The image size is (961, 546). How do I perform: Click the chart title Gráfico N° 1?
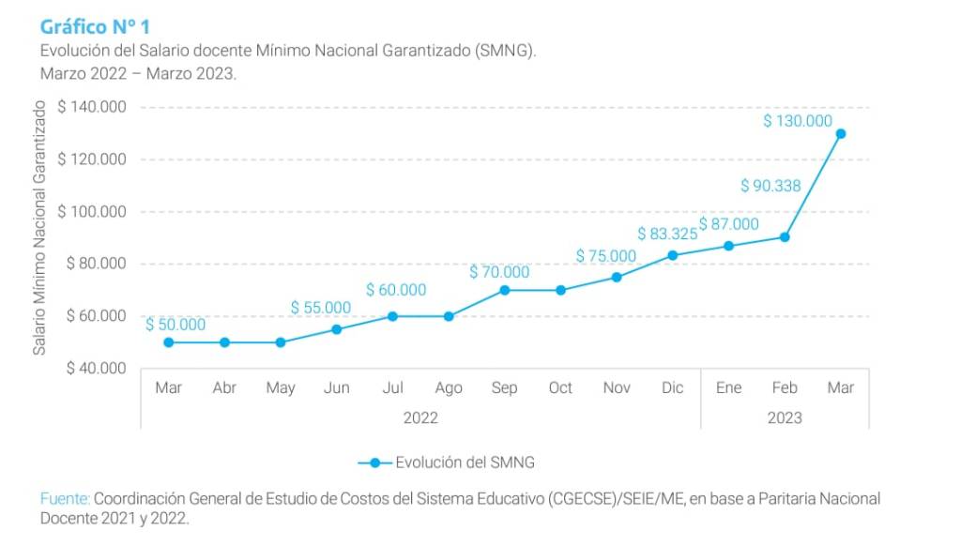coord(95,26)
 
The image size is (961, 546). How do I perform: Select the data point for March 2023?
coord(841,133)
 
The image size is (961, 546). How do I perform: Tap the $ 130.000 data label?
coord(798,121)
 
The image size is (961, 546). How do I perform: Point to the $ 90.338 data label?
coord(770,186)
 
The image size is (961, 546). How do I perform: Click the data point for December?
coord(673,255)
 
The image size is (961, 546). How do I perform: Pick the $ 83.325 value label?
coord(667,234)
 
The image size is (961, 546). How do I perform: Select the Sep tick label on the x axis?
coord(504,387)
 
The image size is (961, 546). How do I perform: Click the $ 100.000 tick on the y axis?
coord(92,212)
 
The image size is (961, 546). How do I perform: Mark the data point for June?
coord(336,329)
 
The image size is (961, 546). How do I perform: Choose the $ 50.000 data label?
coord(175,325)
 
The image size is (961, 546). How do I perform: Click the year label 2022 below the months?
coord(420,417)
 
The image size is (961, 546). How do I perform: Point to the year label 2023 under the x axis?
coord(785,417)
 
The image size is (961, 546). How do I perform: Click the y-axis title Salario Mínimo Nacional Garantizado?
coord(40,231)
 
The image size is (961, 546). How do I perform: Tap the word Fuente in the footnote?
coord(64,499)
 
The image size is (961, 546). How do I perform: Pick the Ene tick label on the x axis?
coord(728,387)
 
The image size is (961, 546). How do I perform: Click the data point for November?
coord(617,277)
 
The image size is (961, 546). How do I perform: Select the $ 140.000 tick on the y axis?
coord(92,108)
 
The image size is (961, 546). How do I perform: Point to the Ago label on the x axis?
coord(449,387)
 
